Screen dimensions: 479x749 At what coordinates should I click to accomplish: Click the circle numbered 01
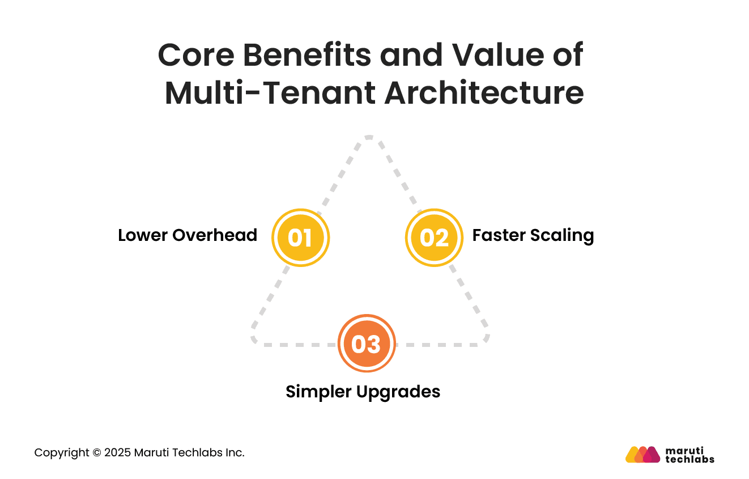[x=300, y=238]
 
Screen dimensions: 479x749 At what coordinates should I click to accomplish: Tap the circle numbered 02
[x=434, y=238]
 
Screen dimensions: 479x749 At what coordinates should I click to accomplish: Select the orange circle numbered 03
[x=367, y=344]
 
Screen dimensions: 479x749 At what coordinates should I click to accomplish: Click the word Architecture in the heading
[x=484, y=93]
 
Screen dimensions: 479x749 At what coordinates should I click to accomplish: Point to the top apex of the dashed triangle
[x=369, y=137]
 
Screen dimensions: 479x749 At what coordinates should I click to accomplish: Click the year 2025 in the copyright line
[x=117, y=453]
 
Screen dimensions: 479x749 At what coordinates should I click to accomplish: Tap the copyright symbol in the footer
[x=97, y=453]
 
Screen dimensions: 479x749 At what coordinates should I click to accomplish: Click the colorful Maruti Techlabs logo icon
[x=642, y=455]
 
